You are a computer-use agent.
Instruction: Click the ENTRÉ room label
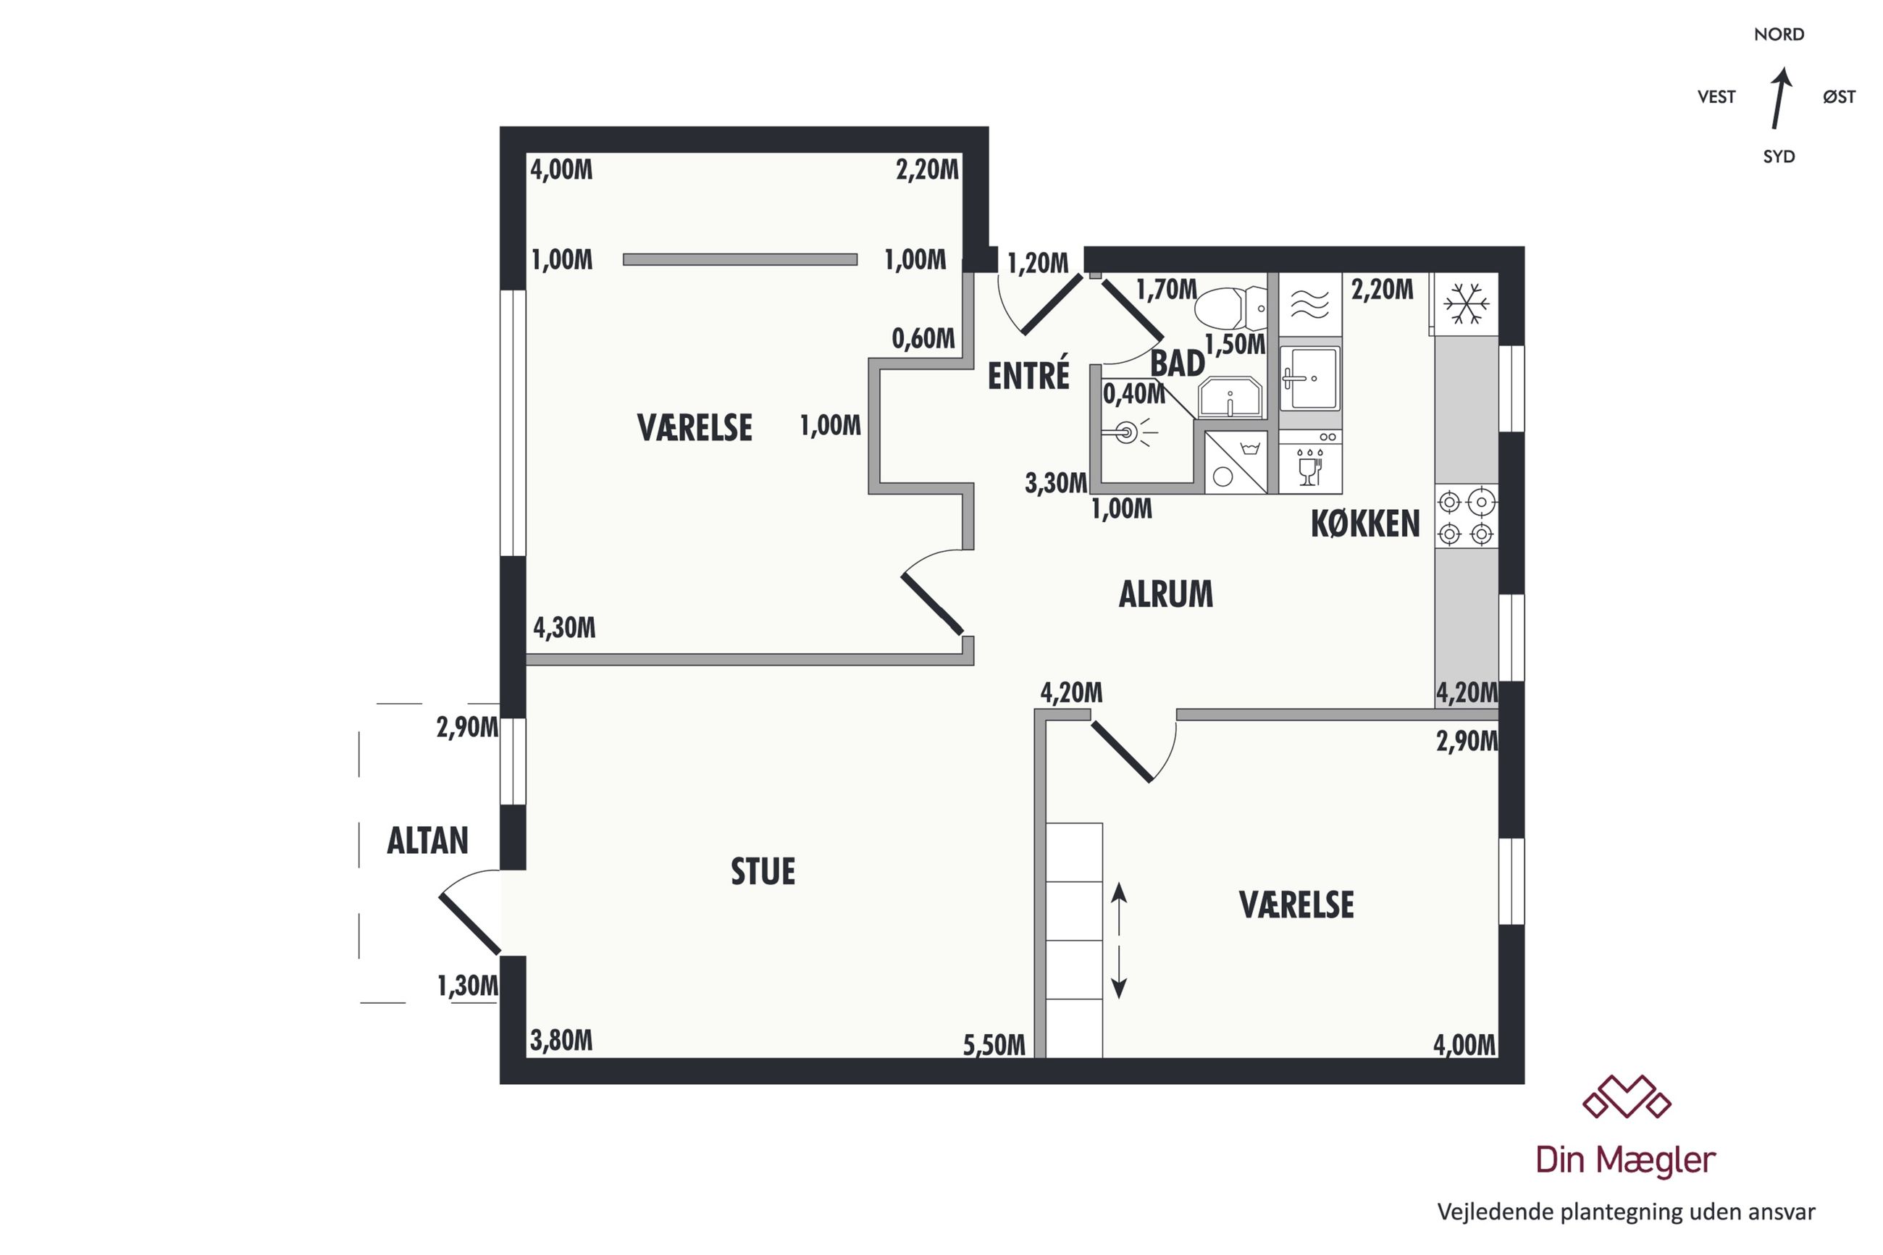coord(1028,374)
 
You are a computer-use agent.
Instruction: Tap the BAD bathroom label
coord(1177,364)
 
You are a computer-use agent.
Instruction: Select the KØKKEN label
coord(1364,524)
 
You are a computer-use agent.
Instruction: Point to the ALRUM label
coord(1165,594)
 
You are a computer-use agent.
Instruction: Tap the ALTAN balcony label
coord(427,840)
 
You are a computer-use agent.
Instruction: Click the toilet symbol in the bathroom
coord(1230,308)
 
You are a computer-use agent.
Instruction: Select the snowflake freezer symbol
coord(1465,303)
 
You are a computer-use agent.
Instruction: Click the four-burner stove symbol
coord(1465,517)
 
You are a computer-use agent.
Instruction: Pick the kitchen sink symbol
coord(1309,378)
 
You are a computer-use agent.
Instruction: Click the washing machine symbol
coord(1235,463)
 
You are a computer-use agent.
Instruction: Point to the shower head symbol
coord(1128,433)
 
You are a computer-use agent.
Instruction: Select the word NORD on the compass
coord(1778,35)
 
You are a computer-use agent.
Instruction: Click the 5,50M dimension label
coord(993,1045)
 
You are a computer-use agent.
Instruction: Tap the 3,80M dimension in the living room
coord(561,1041)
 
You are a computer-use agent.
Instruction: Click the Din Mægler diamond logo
coord(1626,1096)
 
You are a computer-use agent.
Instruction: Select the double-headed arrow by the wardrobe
coord(1119,941)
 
